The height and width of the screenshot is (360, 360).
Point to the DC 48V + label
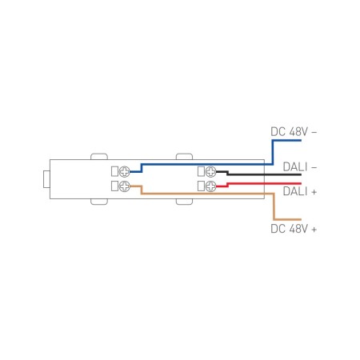pyautogui.click(x=295, y=229)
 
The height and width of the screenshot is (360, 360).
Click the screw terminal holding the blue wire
pyautogui.click(x=124, y=171)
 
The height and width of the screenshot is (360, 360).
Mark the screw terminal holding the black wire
pyautogui.click(x=210, y=171)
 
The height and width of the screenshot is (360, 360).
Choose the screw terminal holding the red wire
pyautogui.click(x=210, y=186)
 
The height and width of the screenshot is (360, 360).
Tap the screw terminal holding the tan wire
pyautogui.click(x=124, y=186)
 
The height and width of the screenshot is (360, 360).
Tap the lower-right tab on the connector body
pyautogui.click(x=184, y=204)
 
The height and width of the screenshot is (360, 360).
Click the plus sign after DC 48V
pyautogui.click(x=314, y=229)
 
